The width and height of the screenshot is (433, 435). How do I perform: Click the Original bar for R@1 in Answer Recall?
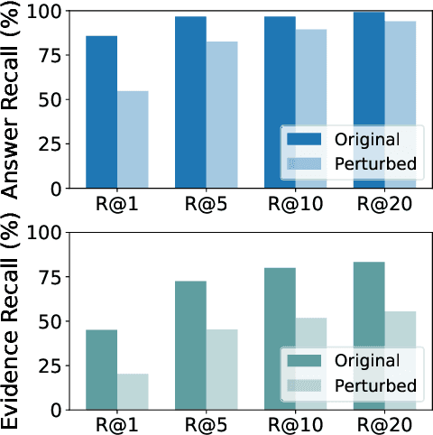point(102,112)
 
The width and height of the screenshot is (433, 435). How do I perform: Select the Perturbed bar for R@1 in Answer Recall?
point(133,140)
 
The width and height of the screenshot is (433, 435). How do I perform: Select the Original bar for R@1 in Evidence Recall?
point(102,369)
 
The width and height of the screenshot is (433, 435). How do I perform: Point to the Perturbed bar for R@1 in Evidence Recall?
point(133,392)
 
